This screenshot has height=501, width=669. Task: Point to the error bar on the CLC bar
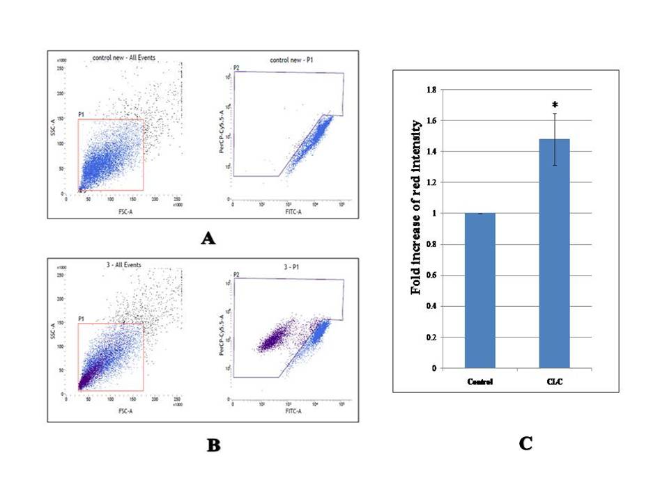pos(555,139)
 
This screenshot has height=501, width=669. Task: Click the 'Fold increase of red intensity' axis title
pos(416,207)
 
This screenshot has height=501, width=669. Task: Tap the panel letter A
pos(207,239)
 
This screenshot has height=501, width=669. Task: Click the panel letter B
pos(213,445)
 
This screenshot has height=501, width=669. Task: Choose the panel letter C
pos(526,443)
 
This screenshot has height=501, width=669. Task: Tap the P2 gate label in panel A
pos(237,67)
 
